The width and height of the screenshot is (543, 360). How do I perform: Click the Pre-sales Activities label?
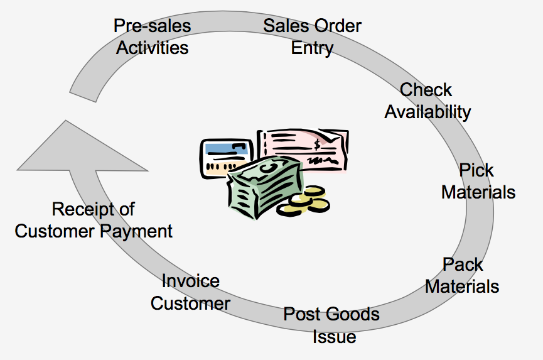click(x=152, y=37)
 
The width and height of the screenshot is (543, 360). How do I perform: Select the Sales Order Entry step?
click(x=312, y=37)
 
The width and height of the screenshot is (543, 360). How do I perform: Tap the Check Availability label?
click(x=427, y=101)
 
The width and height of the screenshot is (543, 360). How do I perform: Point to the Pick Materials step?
click(x=478, y=181)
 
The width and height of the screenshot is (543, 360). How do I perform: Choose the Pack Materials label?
click(x=462, y=275)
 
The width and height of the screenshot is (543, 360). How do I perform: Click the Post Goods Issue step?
click(x=332, y=325)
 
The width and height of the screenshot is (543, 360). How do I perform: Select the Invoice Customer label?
click(x=190, y=292)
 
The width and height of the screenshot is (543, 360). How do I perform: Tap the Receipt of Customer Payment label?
click(x=94, y=220)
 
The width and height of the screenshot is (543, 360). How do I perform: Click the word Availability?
click(x=427, y=112)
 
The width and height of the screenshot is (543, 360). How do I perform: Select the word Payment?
click(x=141, y=231)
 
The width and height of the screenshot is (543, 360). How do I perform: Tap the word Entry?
click(x=312, y=48)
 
